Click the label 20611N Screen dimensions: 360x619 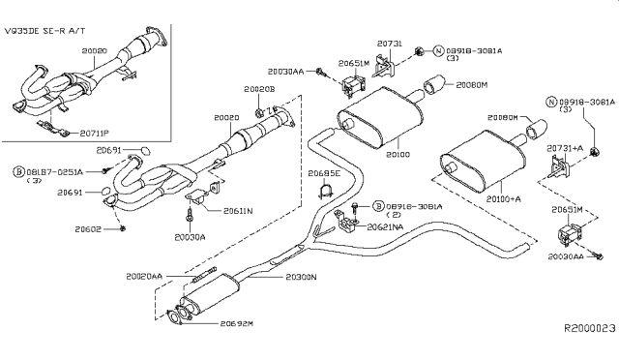238,210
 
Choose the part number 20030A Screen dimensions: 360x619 190,235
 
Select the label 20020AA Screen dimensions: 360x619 146,276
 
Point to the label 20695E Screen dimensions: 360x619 324,174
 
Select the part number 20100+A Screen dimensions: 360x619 503,198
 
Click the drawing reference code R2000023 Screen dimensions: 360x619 590,329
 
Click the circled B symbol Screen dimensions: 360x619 18,171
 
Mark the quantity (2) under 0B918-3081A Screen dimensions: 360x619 393,215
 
